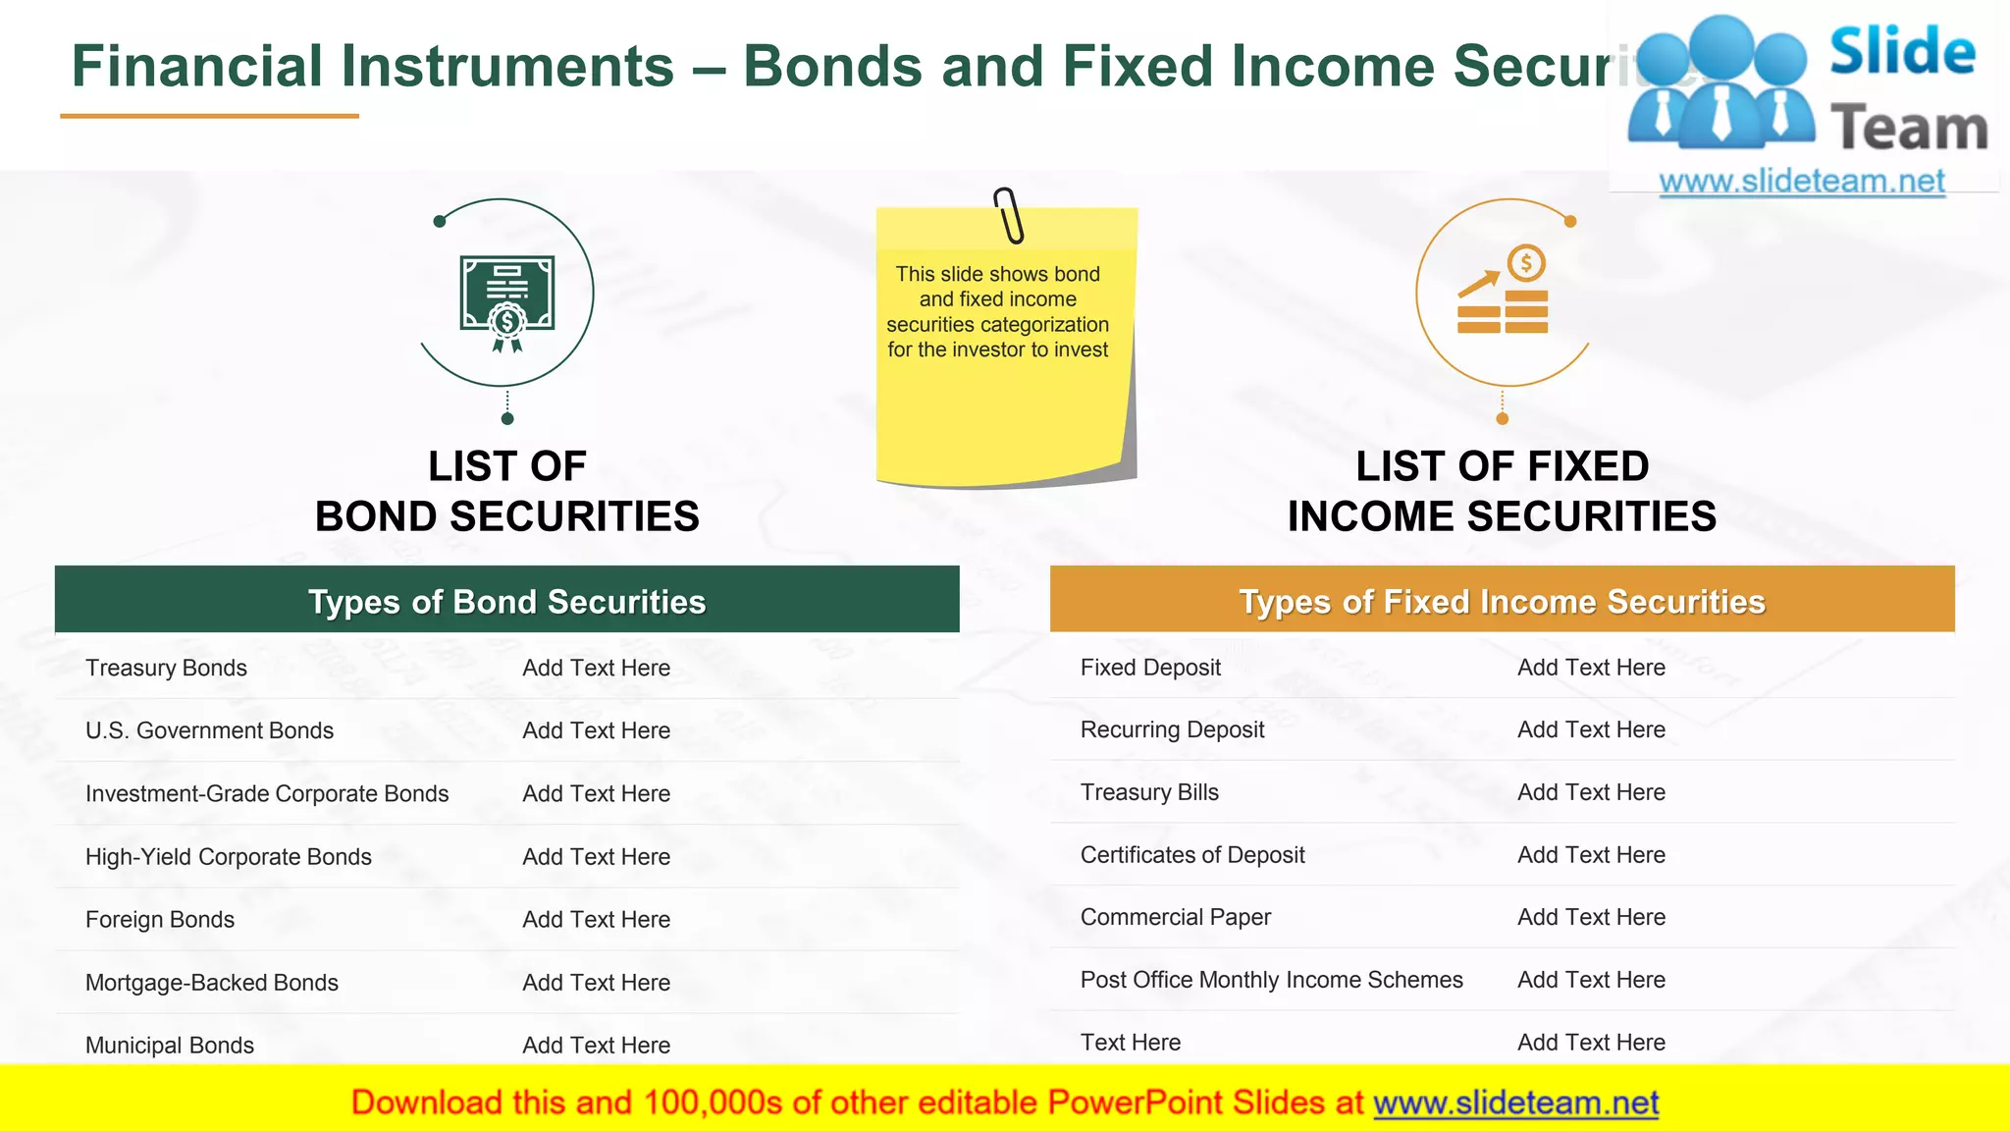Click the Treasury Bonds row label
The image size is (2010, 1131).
coord(166,668)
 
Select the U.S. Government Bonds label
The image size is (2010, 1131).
coord(209,730)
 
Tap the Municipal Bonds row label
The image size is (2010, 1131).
coord(169,1045)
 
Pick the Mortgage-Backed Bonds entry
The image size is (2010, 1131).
coord(211,982)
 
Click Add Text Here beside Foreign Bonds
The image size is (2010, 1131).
coord(596,919)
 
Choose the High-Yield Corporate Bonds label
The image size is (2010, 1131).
coord(228,856)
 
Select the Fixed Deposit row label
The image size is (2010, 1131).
coord(1150,668)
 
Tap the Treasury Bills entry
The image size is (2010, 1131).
coord(1149,792)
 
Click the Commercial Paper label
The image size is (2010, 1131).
coord(1175,917)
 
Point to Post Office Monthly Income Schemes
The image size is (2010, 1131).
coord(1271,980)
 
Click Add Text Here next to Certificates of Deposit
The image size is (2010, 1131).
coord(1591,855)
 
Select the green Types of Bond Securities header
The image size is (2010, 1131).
coord(506,600)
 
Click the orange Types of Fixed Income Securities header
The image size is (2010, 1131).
coord(1502,600)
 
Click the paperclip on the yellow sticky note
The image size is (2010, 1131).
coord(1008,215)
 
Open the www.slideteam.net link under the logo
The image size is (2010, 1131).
coord(1801,182)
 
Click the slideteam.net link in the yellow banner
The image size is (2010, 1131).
coord(1515,1103)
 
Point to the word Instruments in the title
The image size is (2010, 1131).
coord(506,67)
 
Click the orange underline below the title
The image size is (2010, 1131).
coord(209,116)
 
